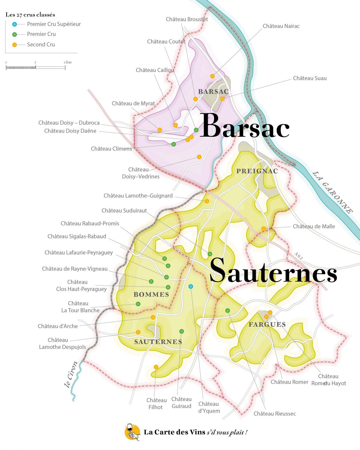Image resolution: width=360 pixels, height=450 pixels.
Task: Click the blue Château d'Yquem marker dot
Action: click(191, 287)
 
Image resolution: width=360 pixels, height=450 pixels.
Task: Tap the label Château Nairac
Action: click(281, 26)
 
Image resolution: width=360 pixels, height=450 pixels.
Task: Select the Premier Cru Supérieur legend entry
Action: click(54, 24)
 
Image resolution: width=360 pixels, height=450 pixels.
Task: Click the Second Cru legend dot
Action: click(14, 45)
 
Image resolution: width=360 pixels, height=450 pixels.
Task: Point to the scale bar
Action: click(35, 67)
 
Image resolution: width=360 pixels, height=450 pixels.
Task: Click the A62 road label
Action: click(298, 256)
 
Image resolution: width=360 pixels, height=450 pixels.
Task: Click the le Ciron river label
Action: click(71, 374)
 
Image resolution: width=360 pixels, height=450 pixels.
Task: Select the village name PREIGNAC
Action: click(257, 171)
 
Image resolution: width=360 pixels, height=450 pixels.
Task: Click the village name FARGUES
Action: click(267, 324)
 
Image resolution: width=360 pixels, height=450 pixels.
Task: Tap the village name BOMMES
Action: click(151, 294)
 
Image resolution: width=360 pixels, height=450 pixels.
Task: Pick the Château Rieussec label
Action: click(275, 414)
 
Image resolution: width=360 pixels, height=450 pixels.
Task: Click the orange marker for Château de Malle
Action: click(263, 229)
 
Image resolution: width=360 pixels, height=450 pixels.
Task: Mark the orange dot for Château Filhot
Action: click(156, 367)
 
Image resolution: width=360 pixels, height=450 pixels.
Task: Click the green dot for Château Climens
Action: click(174, 144)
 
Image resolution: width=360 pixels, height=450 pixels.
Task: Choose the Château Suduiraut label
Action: click(124, 211)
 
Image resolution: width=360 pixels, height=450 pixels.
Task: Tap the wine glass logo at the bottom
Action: click(132, 432)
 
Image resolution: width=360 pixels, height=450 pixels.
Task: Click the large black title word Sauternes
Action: click(273, 271)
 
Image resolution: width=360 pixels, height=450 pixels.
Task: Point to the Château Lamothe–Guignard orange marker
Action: click(207, 201)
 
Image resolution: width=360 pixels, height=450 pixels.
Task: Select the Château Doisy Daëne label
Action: click(70, 131)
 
